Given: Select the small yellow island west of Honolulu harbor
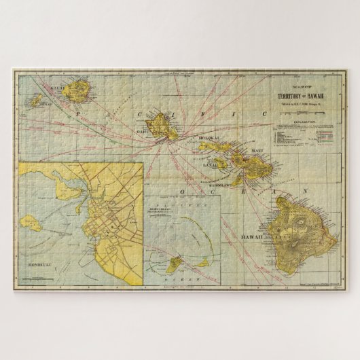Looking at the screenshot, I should pos(30,221).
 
